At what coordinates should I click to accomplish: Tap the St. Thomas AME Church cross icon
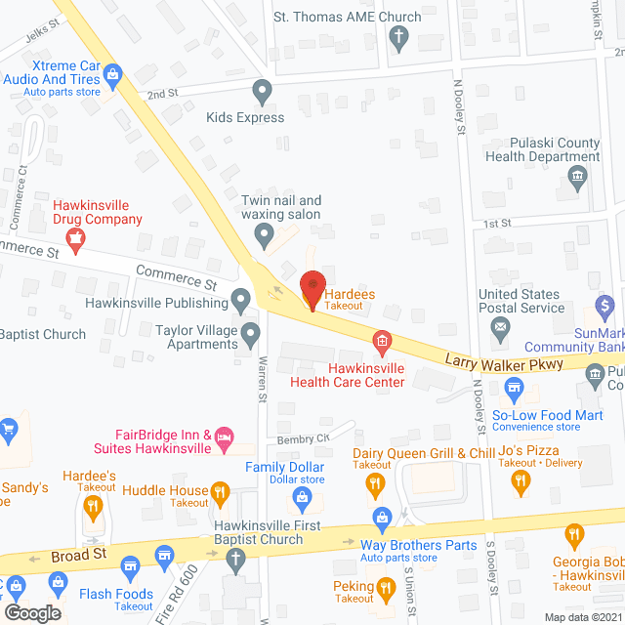pos(397,39)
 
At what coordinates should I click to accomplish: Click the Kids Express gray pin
pos(262,93)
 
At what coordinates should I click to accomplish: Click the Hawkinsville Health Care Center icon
pos(382,341)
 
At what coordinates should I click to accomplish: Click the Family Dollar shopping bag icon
pos(303,501)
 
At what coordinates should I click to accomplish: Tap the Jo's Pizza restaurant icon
pos(521,479)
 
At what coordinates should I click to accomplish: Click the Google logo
pos(32,612)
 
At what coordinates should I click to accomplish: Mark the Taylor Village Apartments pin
pos(251,336)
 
